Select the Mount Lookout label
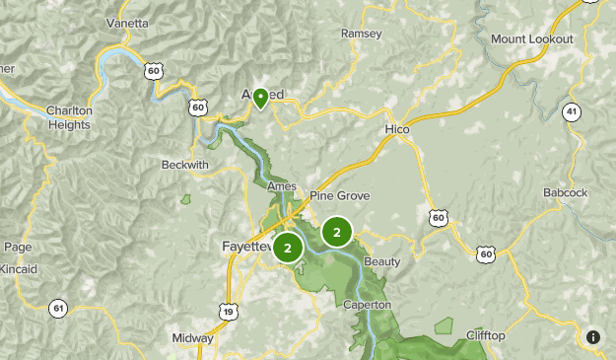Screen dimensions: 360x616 [x=531, y=38]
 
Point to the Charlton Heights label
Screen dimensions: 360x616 [x=69, y=118]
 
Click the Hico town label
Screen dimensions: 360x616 [x=397, y=129]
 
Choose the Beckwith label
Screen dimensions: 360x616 [x=185, y=165]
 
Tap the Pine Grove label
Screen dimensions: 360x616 [x=339, y=196]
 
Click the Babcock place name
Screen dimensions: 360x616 [x=565, y=192]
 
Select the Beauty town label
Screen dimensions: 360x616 [x=382, y=261]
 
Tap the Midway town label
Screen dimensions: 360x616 [x=191, y=337]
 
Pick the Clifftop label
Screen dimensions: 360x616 [x=485, y=336]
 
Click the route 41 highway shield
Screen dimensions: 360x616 [x=573, y=112]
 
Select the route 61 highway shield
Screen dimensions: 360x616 [x=59, y=309]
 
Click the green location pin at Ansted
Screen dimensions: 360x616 [x=260, y=97]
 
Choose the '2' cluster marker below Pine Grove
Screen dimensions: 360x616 [x=337, y=233]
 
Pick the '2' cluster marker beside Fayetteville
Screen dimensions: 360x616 [x=288, y=248]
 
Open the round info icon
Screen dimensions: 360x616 [x=593, y=337]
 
